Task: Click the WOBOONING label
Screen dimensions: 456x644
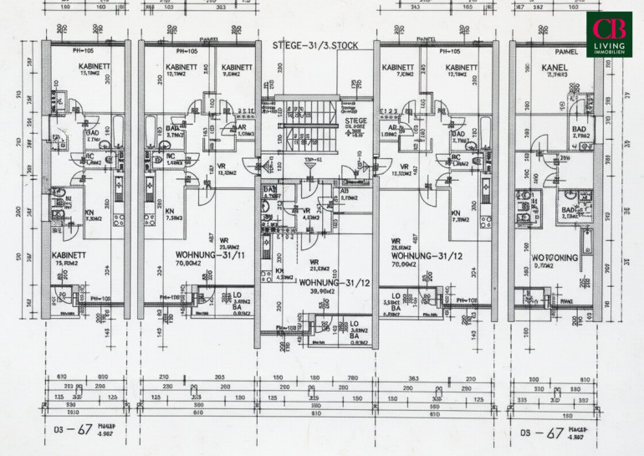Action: tap(555, 258)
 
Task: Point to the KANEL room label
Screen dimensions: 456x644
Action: tap(555, 67)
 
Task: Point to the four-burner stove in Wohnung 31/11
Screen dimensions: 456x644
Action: tap(148, 221)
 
